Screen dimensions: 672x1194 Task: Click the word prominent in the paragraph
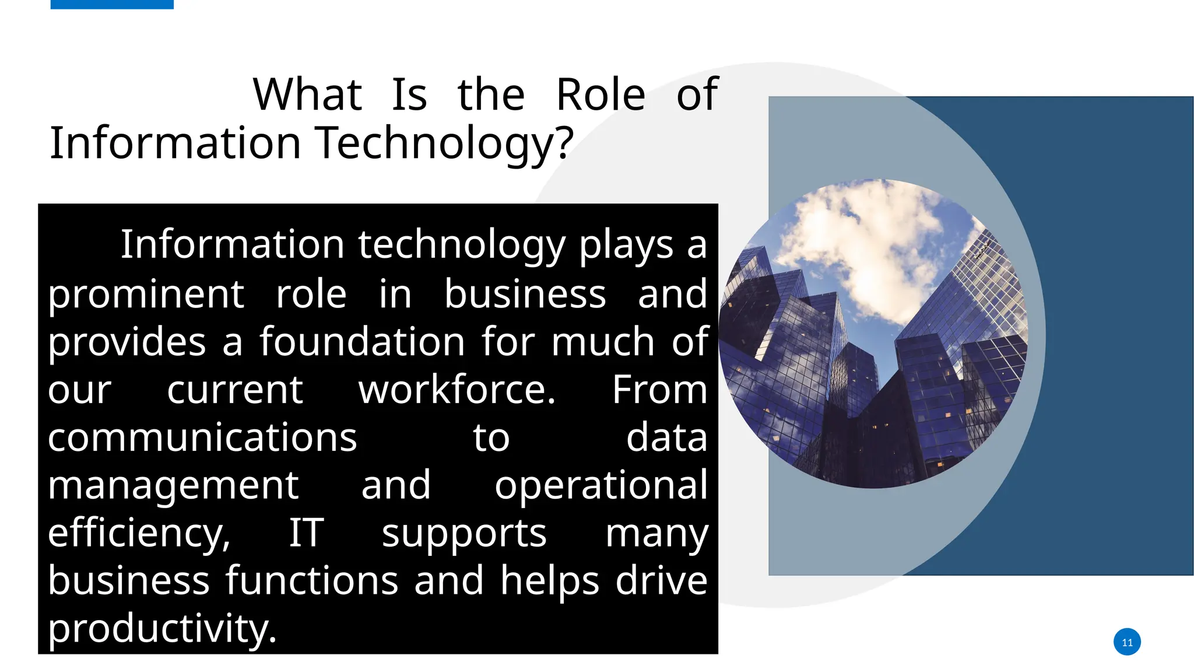click(146, 295)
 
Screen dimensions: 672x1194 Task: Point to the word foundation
click(362, 342)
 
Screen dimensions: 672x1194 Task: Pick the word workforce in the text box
click(456, 390)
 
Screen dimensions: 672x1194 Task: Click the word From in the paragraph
click(659, 390)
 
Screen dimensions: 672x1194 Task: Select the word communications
click(202, 438)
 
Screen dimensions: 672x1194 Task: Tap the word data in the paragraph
click(666, 438)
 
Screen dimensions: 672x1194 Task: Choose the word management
click(173, 486)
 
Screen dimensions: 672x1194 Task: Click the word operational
click(601, 486)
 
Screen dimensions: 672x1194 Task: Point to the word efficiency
click(139, 534)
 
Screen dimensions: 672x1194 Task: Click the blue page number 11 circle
click(1127, 642)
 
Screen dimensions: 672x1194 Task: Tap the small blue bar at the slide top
click(112, 4)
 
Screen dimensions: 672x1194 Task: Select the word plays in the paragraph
click(626, 246)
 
